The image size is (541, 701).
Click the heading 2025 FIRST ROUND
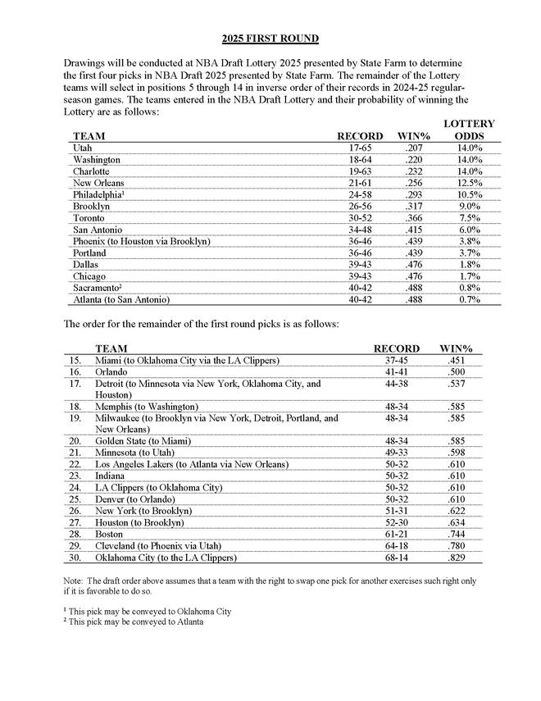coord(270,39)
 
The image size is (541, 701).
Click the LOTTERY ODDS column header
coord(468,129)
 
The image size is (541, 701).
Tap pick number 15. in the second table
coord(75,360)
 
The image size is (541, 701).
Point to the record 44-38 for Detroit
coord(396,383)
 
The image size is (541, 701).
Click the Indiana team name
coord(112,476)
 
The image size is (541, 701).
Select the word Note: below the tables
coord(75,581)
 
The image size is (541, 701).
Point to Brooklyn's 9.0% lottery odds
coord(469,207)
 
